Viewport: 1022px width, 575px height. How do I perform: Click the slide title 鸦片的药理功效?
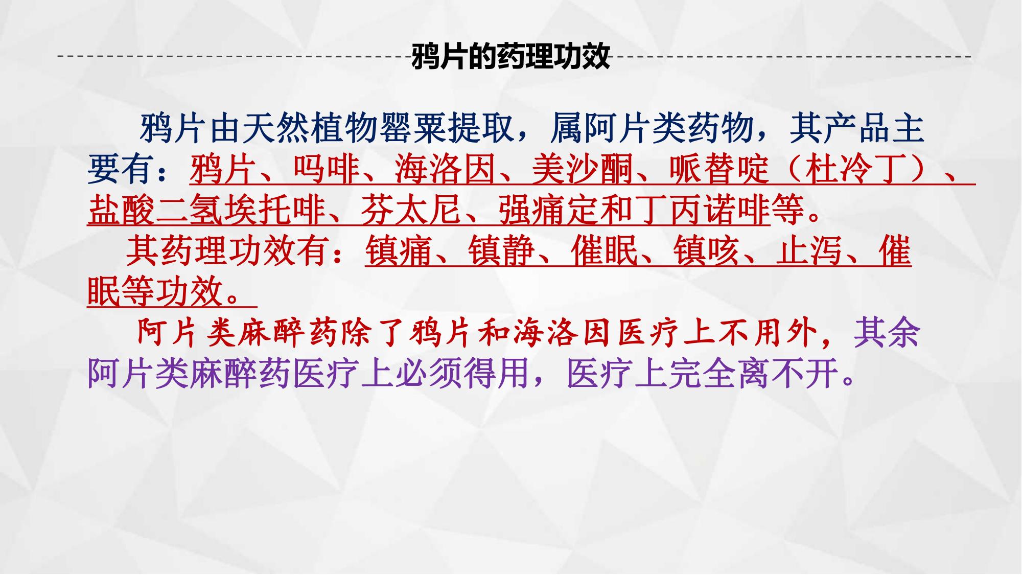[510, 57]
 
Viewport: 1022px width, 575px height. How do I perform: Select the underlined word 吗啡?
[326, 169]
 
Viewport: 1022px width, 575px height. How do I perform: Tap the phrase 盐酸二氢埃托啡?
[207, 210]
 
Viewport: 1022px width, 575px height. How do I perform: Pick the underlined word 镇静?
[502, 251]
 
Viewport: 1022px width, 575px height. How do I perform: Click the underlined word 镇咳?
[707, 251]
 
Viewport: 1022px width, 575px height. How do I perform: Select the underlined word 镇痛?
[399, 251]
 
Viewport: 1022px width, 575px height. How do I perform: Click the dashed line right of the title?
[791, 56]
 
